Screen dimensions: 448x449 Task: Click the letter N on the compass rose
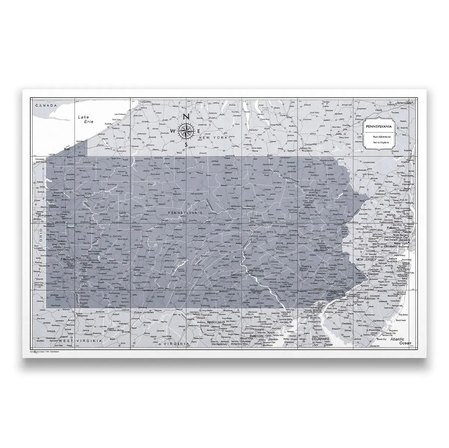click(x=187, y=116)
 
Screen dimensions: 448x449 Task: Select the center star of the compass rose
click(x=186, y=130)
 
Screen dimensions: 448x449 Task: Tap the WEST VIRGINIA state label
click(x=80, y=341)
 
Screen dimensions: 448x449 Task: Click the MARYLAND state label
click(x=216, y=321)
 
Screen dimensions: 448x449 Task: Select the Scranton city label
click(x=311, y=196)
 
